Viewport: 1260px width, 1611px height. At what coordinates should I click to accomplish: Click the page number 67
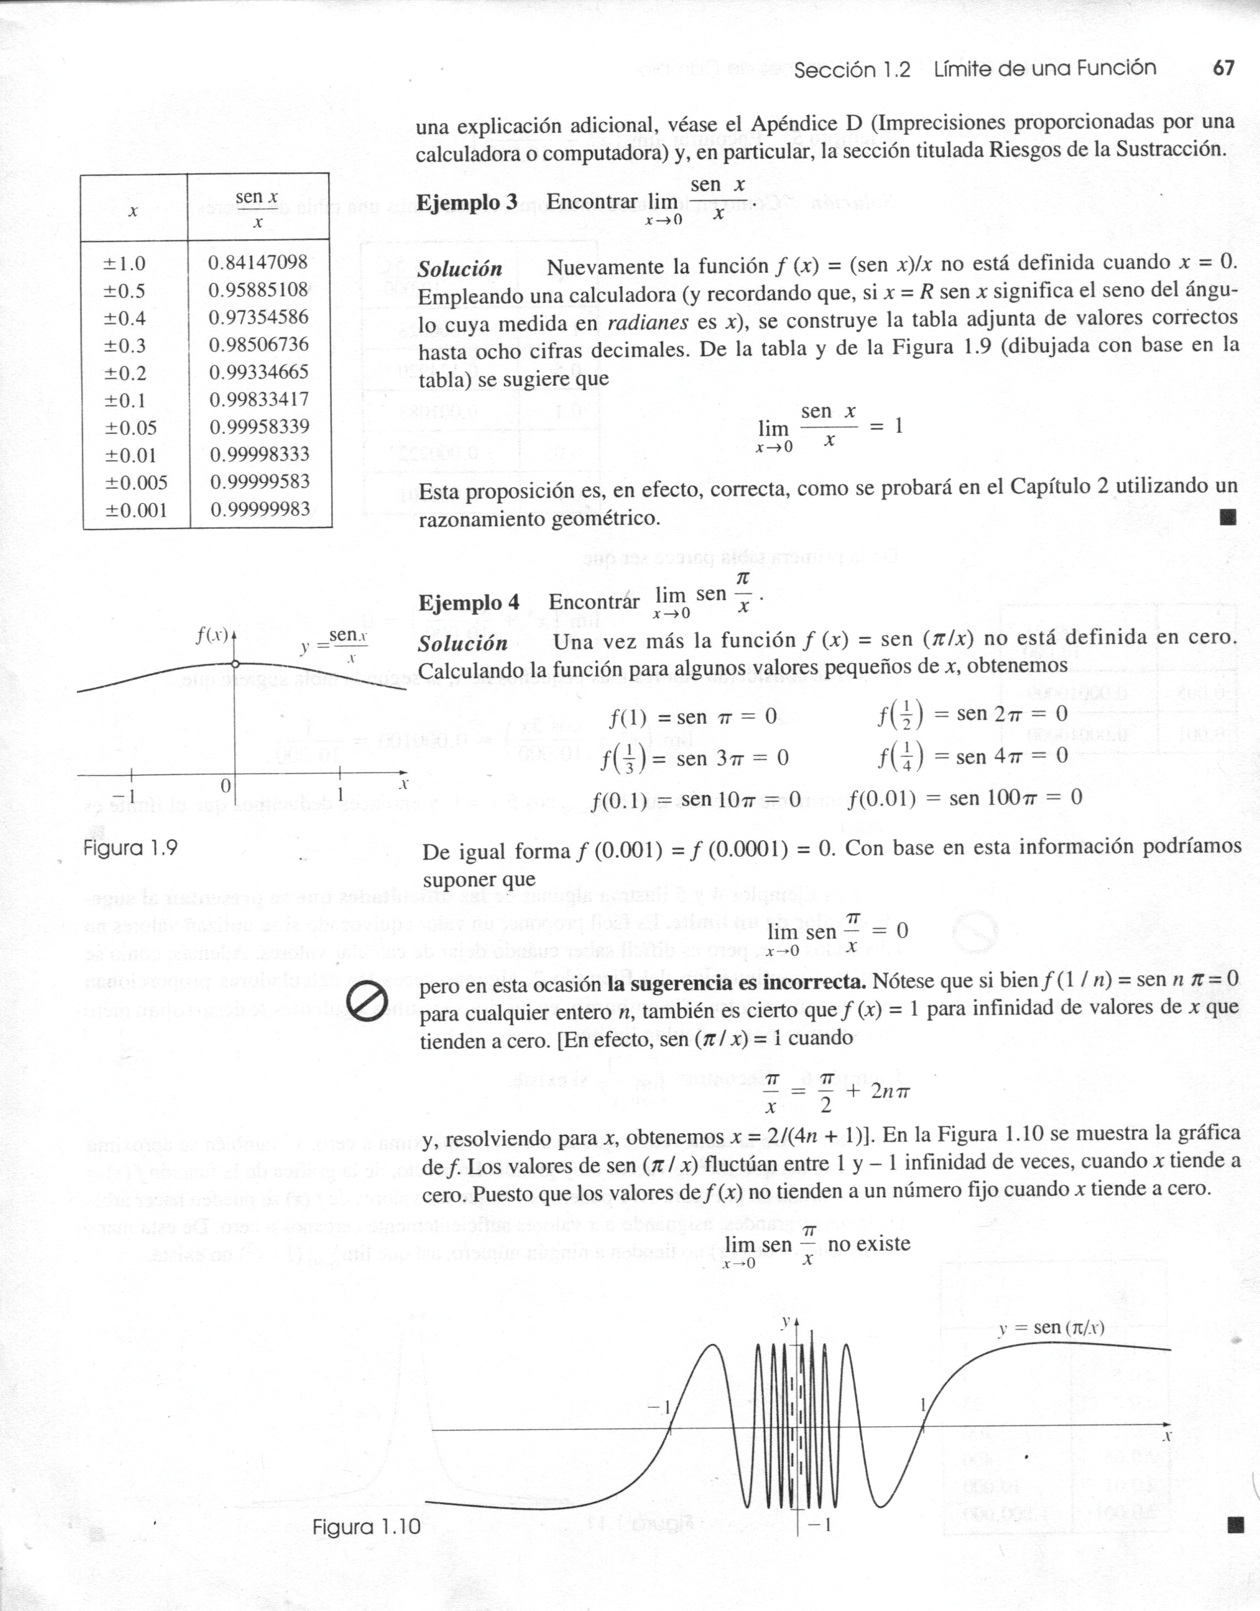[x=1223, y=68]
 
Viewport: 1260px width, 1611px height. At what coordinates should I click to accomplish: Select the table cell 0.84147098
[x=258, y=262]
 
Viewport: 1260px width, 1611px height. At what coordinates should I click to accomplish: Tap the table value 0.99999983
[x=260, y=509]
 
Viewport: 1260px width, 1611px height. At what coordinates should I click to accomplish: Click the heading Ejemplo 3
[x=467, y=203]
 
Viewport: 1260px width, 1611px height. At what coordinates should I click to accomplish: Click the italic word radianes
[x=648, y=324]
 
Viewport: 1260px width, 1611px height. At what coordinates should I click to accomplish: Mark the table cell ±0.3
[x=125, y=345]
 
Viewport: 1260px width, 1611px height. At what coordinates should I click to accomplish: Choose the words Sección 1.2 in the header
[x=852, y=70]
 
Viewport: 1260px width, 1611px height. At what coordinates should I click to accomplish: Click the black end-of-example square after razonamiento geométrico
[x=1227, y=516]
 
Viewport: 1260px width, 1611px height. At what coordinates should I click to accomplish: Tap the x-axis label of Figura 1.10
[x=1167, y=1437]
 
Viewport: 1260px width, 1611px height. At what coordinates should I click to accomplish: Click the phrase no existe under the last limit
[x=869, y=1244]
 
